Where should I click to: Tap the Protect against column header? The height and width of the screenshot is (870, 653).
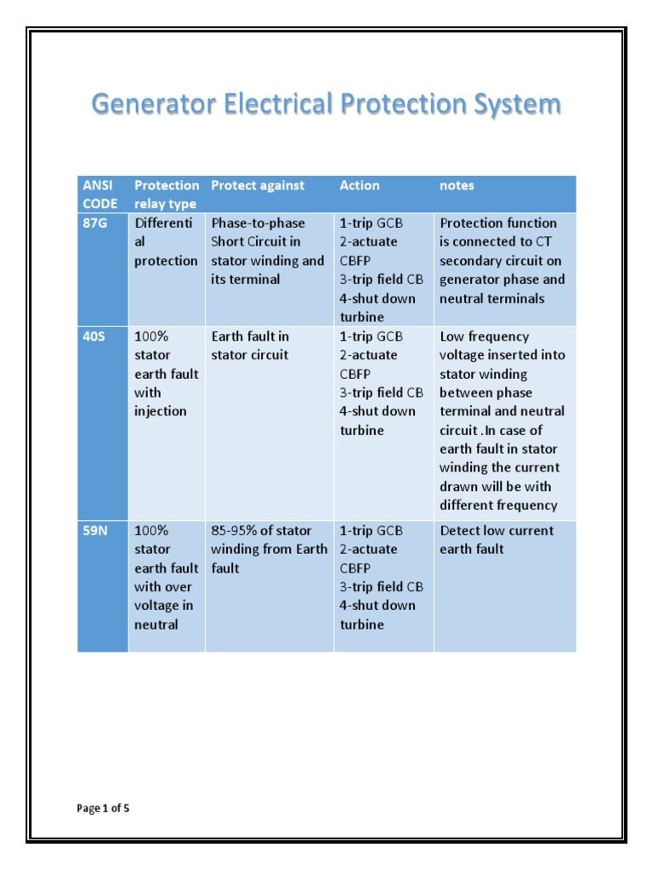257,185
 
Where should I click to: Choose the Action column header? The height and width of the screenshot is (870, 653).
360,185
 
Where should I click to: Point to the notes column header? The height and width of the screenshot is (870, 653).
457,185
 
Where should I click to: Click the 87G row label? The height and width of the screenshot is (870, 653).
95,223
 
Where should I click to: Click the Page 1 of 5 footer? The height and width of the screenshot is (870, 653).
103,808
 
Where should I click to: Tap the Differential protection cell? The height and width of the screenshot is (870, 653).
166,242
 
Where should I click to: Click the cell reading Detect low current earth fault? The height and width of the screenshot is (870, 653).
497,540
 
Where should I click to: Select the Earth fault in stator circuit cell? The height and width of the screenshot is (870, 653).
250,346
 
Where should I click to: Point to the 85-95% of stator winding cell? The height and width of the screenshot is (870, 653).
269,549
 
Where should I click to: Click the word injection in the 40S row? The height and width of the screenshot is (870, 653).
161,411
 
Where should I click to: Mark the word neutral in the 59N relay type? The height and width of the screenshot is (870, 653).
156,624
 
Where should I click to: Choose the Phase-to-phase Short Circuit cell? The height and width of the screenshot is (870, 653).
267,251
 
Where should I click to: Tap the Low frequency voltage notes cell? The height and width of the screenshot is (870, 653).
502,421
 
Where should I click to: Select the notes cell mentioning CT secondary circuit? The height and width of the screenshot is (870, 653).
502,261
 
